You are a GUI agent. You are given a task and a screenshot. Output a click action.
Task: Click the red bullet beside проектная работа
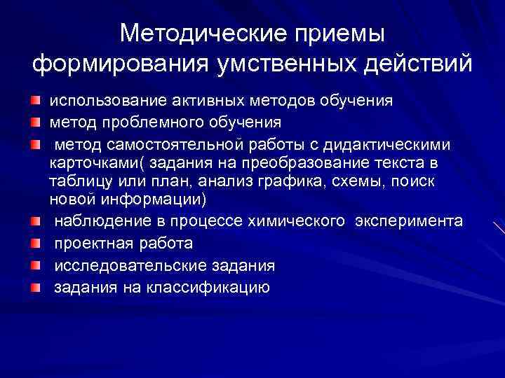pyautogui.click(x=35, y=244)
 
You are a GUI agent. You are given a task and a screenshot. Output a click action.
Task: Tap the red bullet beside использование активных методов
pyautogui.click(x=35, y=100)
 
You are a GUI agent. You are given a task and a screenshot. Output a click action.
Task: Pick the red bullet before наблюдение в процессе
pyautogui.click(x=35, y=222)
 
